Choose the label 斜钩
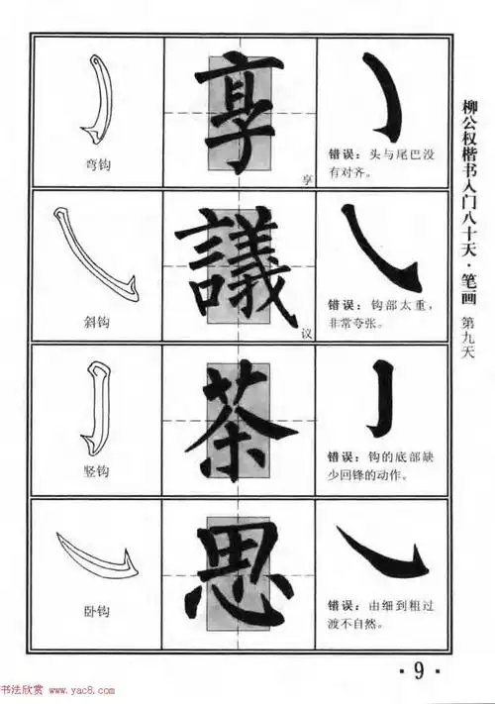coord(97,322)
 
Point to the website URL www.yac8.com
coord(57,691)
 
